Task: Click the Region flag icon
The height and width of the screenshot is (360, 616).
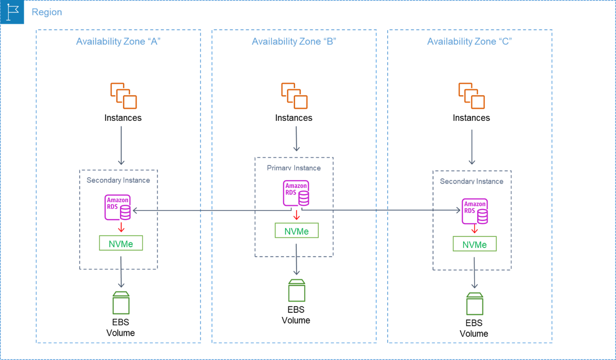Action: pyautogui.click(x=12, y=12)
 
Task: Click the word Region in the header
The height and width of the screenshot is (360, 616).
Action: pyautogui.click(x=47, y=12)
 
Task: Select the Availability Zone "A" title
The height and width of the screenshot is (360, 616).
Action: pyautogui.click(x=118, y=42)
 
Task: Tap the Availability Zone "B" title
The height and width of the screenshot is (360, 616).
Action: pyautogui.click(x=294, y=42)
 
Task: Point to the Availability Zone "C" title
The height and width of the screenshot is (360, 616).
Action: pyautogui.click(x=470, y=42)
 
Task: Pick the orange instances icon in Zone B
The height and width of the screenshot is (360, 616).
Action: pyautogui.click(x=294, y=96)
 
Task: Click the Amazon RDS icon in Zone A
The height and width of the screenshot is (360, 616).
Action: pyautogui.click(x=118, y=207)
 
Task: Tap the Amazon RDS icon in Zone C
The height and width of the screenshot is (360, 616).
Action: pyautogui.click(x=475, y=211)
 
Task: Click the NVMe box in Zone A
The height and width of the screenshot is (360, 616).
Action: pyautogui.click(x=121, y=243)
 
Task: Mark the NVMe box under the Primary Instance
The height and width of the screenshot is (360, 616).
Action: pyautogui.click(x=297, y=231)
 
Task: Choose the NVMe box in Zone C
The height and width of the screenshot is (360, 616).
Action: pyautogui.click(x=474, y=244)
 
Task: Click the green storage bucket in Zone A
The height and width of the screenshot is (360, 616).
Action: pyautogui.click(x=121, y=302)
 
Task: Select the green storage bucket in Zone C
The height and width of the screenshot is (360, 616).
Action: pyautogui.click(x=474, y=303)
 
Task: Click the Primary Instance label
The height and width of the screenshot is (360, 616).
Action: pyautogui.click(x=294, y=168)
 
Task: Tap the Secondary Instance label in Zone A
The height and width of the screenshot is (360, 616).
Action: pyautogui.click(x=118, y=180)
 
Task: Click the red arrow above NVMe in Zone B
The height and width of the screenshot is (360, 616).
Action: pyautogui.click(x=296, y=216)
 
